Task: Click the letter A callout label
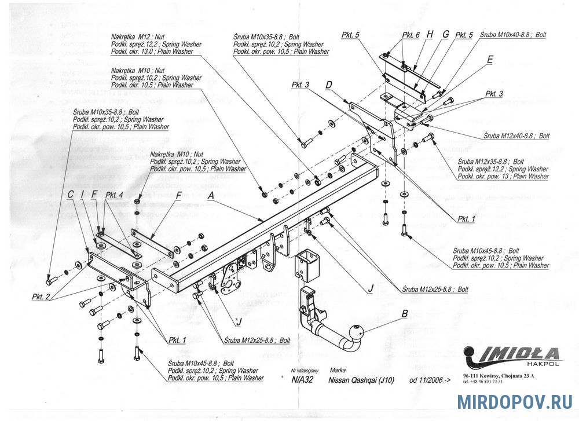pyautogui.click(x=211, y=196)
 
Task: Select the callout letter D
pyautogui.click(x=329, y=85)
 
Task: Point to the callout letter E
pyautogui.click(x=490, y=59)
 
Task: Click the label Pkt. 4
pyautogui.click(x=114, y=196)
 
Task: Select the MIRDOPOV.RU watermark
pyautogui.click(x=514, y=402)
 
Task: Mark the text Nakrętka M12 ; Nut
pyautogui.click(x=137, y=36)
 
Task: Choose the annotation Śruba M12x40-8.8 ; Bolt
pyautogui.click(x=516, y=136)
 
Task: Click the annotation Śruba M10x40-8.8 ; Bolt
pyautogui.click(x=513, y=35)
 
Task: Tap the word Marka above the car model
pyautogui.click(x=337, y=369)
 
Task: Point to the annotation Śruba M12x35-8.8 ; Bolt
pyautogui.click(x=490, y=162)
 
